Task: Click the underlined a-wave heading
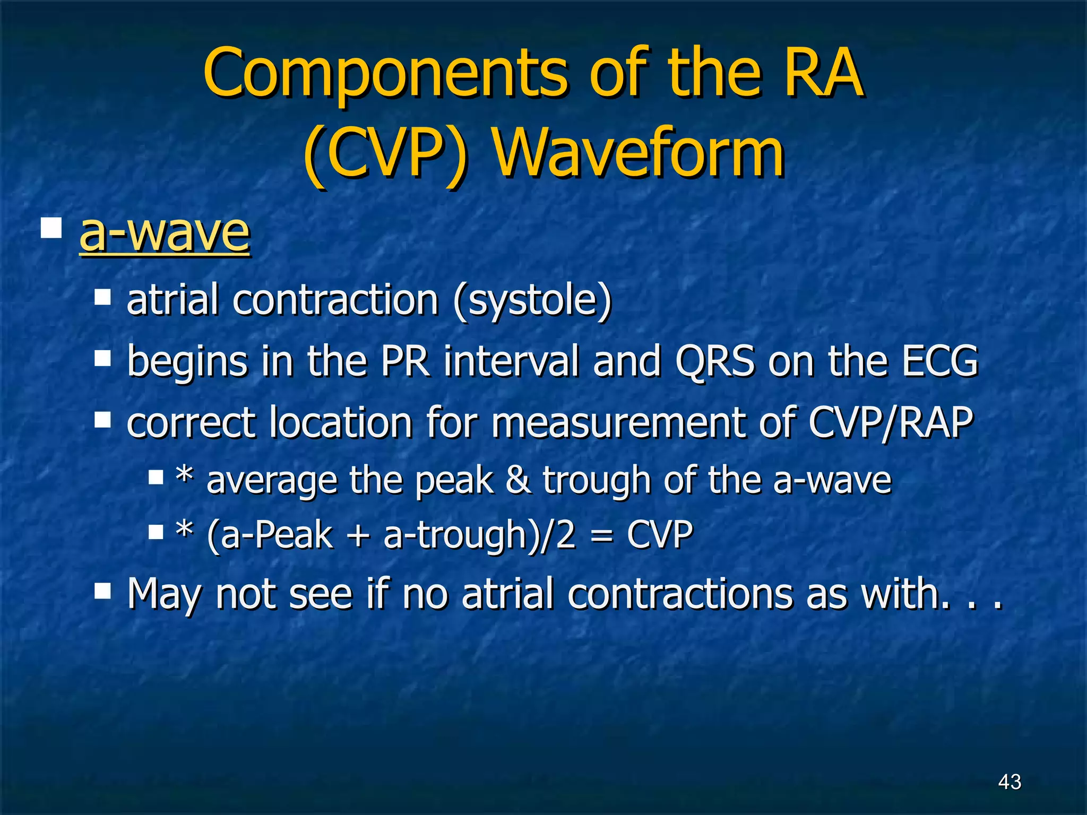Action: point(164,233)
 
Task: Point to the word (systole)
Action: point(532,300)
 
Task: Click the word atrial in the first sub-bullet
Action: point(172,300)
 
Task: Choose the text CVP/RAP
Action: point(891,423)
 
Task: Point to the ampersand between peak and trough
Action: point(517,480)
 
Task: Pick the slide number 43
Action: point(1009,782)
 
